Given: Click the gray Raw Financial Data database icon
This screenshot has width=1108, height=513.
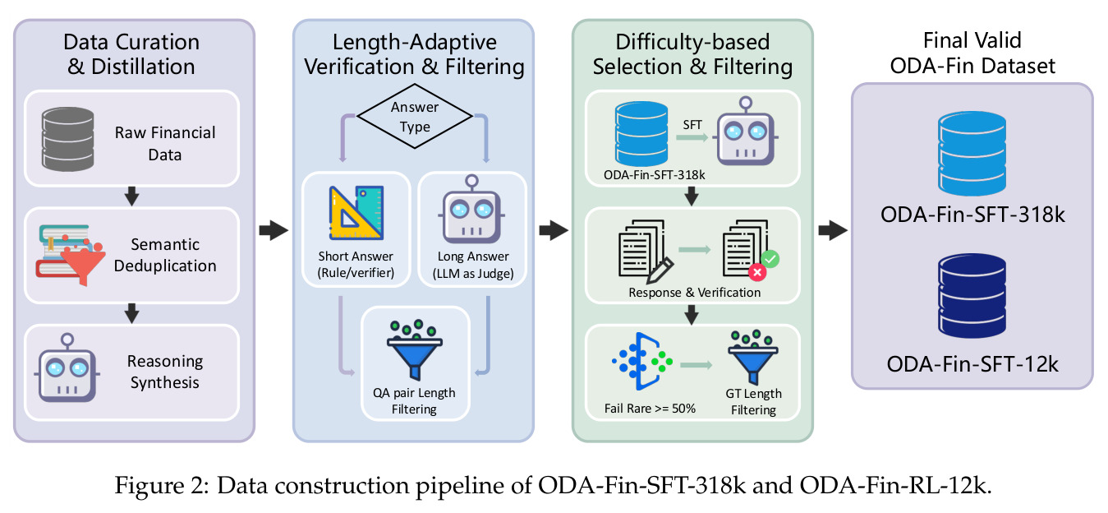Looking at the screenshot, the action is (x=68, y=139).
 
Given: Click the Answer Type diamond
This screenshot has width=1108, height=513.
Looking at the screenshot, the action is (x=415, y=117).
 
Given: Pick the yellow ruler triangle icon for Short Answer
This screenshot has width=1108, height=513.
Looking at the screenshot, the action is (x=356, y=213).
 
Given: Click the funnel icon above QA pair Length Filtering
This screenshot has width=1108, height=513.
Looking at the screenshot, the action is (x=415, y=349).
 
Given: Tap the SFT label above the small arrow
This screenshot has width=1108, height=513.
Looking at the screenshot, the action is (x=692, y=125).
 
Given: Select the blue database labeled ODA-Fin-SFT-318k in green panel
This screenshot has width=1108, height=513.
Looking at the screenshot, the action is (x=641, y=134).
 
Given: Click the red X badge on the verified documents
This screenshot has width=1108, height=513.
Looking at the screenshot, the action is (x=757, y=272).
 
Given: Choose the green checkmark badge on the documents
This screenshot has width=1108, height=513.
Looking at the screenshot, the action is (x=770, y=259).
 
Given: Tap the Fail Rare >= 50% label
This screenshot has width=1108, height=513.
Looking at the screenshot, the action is (x=650, y=409).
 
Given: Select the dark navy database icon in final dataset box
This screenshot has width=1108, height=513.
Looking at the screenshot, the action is (x=972, y=296).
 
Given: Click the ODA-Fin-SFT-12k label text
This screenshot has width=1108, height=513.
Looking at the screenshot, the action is (x=972, y=364).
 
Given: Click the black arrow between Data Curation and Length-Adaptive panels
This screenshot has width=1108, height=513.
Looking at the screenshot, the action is (x=274, y=229).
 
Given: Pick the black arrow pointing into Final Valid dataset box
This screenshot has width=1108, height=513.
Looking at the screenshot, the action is (x=833, y=230).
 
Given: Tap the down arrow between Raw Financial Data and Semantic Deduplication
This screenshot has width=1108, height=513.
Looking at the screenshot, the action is (x=131, y=196).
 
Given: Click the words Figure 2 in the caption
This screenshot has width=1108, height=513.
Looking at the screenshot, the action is (x=163, y=486).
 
